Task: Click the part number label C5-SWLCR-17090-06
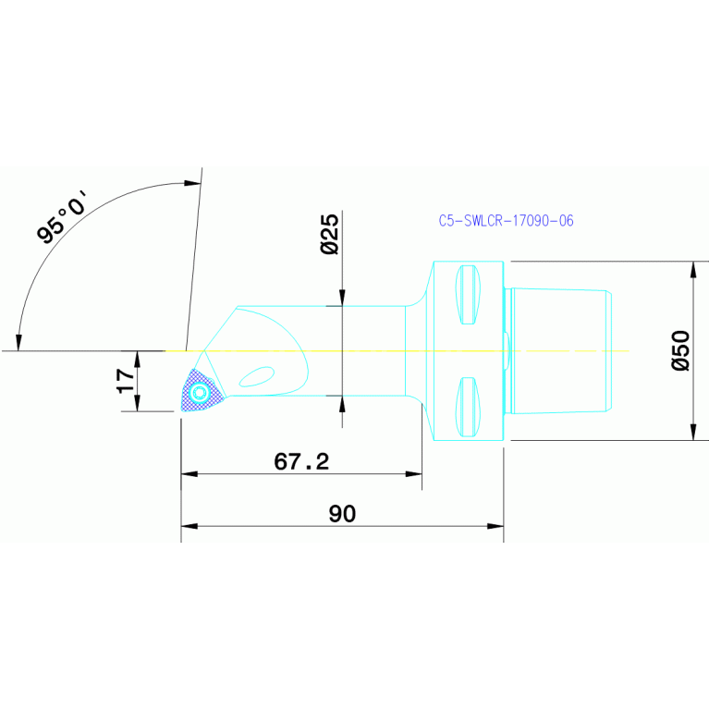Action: click(506, 221)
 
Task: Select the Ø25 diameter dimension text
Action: click(328, 234)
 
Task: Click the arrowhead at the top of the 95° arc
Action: click(193, 183)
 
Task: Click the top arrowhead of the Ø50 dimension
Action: click(693, 268)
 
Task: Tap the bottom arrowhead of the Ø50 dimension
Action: click(693, 434)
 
